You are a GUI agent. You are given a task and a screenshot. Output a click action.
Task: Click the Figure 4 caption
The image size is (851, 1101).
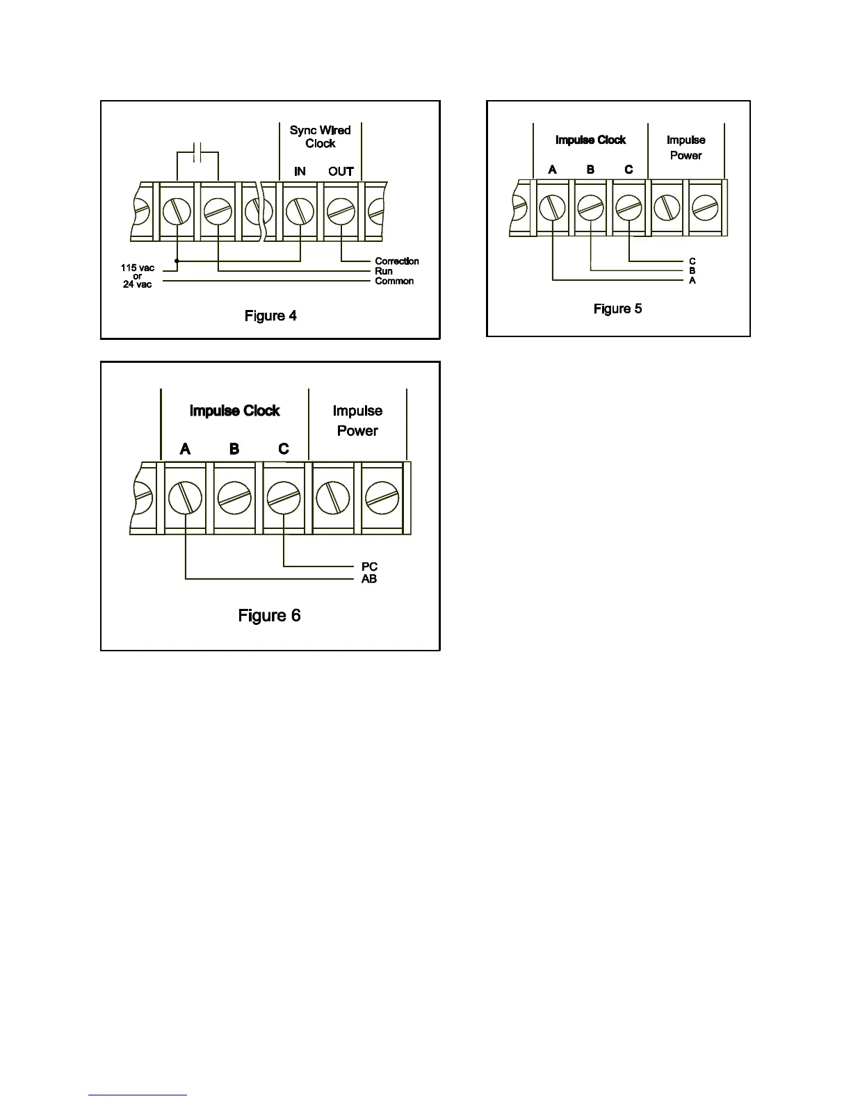coord(270,316)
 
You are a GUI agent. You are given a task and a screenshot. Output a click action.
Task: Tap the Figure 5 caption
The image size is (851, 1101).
coord(617,309)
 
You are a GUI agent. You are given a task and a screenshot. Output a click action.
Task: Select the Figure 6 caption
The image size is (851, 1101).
coord(269,616)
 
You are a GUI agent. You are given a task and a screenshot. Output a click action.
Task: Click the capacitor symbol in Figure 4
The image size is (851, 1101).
coord(198,153)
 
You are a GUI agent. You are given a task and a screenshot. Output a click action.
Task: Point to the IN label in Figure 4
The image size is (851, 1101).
coord(300,171)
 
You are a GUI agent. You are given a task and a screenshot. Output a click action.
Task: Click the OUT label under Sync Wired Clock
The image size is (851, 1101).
coord(341,171)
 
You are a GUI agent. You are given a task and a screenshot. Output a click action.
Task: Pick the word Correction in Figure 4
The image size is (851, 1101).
coord(397,261)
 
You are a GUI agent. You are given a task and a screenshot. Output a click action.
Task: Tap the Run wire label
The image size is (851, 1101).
coord(384,271)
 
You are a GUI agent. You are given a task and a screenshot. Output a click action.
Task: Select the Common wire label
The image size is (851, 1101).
coord(394,281)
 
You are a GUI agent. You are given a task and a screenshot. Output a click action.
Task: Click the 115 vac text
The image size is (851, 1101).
coord(138,268)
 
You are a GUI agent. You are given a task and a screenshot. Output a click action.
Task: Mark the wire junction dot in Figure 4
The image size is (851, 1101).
coord(177,261)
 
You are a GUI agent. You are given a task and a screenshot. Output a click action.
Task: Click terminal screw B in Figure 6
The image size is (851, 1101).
coord(234,498)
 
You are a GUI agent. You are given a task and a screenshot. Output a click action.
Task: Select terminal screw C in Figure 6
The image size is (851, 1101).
coord(284,498)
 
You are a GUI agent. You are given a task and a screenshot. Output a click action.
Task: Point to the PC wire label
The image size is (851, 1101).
coord(369,567)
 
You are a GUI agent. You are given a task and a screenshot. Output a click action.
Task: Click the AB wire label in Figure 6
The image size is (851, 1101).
coord(369,579)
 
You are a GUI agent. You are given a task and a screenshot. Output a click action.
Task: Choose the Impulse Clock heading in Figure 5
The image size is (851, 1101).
coord(590,140)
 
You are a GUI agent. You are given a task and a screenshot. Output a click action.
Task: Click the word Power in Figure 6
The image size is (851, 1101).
coord(357,431)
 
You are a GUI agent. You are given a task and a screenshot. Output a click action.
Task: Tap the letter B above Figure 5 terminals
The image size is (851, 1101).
coord(590,170)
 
